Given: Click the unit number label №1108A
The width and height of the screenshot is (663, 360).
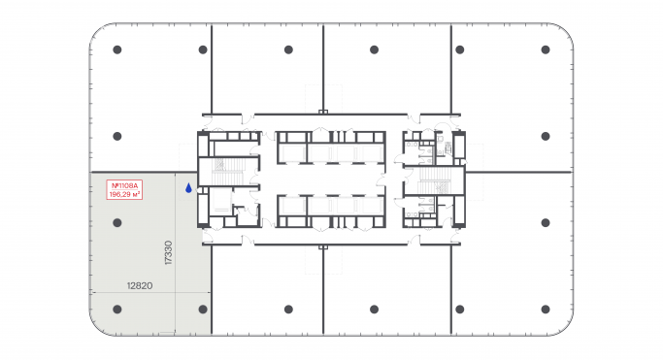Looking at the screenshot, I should point(127,184).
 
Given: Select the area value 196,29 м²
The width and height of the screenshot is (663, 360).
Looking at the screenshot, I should point(127,194).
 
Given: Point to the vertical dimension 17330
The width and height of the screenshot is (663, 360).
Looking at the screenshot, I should point(169,253).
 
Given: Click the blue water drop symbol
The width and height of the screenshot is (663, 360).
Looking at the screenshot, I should point(189,188).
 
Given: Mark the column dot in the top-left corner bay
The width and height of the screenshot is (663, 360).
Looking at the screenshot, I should point(116,49).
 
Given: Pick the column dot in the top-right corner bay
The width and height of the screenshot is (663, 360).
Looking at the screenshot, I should point(545,49).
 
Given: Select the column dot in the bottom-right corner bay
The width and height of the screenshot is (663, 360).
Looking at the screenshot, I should point(545,310).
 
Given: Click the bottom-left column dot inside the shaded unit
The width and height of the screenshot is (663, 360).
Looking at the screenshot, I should point(116,310).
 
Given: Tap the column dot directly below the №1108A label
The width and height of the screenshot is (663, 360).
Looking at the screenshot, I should point(116,223).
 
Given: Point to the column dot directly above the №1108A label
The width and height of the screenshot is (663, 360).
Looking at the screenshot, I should point(116,136).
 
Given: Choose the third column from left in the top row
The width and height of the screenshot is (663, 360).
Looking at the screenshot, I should point(288,49).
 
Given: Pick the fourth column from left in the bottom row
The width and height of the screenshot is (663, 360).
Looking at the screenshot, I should point(374,310).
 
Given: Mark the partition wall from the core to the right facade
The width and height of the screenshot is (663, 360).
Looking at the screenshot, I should point(519,172).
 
